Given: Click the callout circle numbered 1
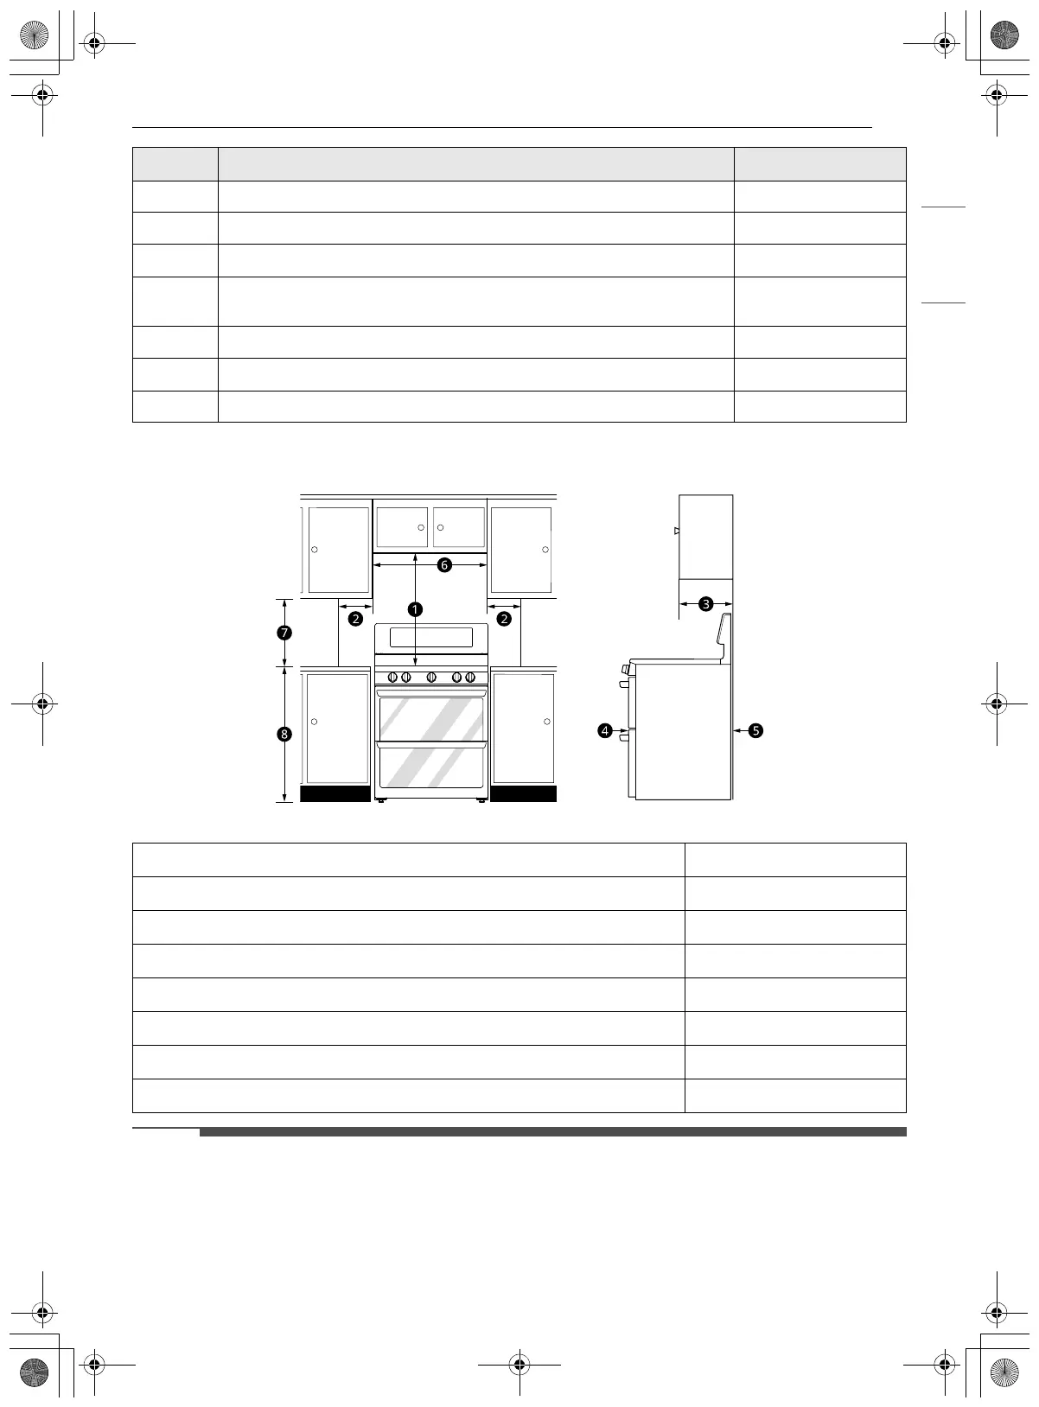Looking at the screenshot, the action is [415, 609].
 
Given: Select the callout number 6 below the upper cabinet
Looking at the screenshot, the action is [444, 564].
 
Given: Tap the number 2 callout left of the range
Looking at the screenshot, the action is [355, 619].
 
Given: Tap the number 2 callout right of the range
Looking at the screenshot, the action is [504, 619].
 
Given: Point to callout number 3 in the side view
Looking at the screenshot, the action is [706, 604].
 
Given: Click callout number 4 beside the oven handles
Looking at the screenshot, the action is [605, 731].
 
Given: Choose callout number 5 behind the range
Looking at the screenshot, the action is [755, 731].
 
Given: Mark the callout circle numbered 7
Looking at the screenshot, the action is [284, 633].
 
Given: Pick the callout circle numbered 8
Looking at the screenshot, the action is [284, 734].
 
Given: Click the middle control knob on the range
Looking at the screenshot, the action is [431, 678].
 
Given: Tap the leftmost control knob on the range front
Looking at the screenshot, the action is [393, 678].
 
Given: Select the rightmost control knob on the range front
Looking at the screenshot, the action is [470, 678].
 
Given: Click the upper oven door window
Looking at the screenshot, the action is [431, 719].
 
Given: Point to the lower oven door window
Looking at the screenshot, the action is [431, 769].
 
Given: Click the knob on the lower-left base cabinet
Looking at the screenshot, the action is [314, 722].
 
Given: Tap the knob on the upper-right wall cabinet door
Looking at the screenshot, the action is [545, 550].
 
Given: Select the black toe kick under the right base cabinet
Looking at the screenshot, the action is [524, 793].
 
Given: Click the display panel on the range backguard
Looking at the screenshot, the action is [431, 638].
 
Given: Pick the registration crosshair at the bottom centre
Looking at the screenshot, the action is [519, 1364].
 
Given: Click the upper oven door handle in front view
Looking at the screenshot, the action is [431, 693].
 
